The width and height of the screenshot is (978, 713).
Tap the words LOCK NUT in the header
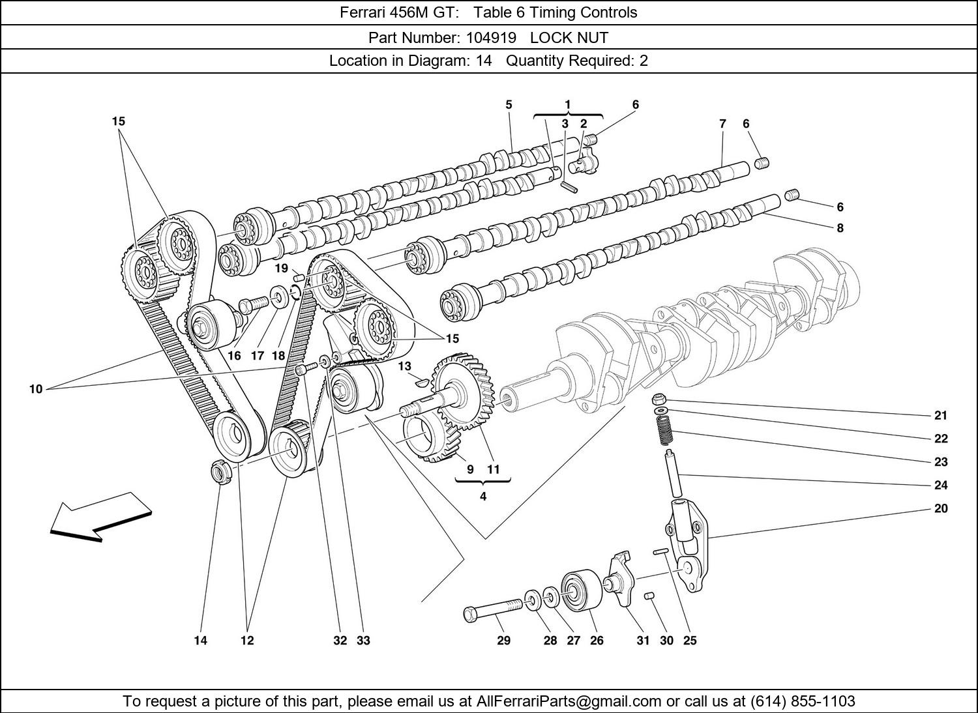click(569, 37)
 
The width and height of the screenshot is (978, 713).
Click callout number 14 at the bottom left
click(200, 641)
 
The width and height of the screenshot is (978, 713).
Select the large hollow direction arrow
click(101, 516)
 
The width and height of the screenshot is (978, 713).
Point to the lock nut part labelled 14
click(220, 471)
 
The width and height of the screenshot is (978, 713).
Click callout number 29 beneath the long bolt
click(503, 641)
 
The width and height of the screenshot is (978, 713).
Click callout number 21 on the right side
click(940, 415)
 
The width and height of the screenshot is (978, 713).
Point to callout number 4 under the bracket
click(482, 497)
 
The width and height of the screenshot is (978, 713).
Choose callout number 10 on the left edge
click(35, 389)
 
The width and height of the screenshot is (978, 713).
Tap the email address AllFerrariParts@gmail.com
click(569, 701)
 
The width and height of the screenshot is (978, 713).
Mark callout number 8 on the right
click(840, 228)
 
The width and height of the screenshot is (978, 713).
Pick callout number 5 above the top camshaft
click(509, 104)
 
